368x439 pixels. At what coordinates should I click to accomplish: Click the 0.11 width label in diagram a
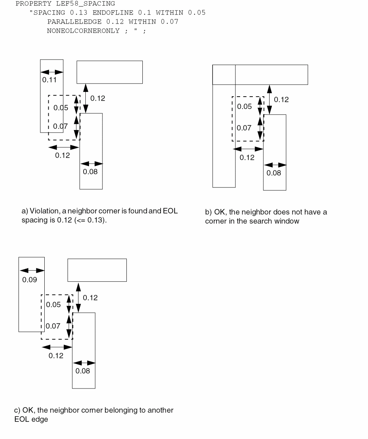(x=49, y=80)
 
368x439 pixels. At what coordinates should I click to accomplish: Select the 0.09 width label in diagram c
(x=29, y=280)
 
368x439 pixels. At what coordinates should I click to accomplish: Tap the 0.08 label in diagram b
(x=274, y=173)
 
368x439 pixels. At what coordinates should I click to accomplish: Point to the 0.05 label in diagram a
(x=61, y=108)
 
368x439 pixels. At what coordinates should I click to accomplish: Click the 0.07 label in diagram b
(x=244, y=128)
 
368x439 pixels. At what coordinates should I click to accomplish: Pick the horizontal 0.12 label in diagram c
(x=56, y=356)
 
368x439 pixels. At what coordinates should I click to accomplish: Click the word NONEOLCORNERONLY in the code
(x=83, y=31)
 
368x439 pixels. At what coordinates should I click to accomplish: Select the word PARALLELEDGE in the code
(x=74, y=22)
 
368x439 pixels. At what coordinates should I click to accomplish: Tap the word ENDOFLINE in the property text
(x=113, y=13)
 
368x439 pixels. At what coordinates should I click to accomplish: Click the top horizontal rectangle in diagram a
(x=109, y=72)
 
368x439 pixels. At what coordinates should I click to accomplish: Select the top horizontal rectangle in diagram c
(x=97, y=270)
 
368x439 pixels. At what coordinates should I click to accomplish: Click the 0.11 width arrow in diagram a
(x=52, y=72)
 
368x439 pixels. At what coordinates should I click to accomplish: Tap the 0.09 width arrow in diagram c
(x=32, y=270)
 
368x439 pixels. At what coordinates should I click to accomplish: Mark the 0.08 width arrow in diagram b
(x=275, y=165)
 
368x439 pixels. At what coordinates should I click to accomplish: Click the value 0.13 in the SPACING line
(x=79, y=13)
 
